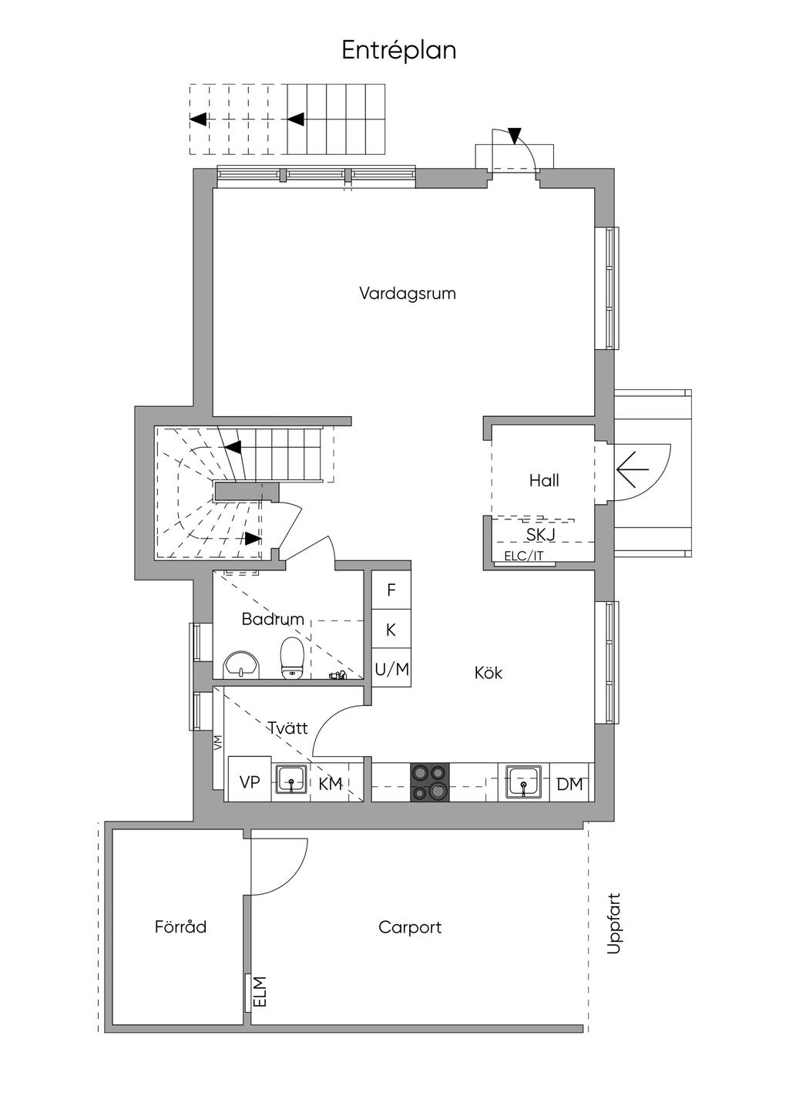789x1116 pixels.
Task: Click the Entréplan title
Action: pos(399,51)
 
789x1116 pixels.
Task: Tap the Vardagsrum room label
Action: pos(408,293)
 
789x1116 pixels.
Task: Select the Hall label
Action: pos(544,480)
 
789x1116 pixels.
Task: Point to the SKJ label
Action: pos(540,535)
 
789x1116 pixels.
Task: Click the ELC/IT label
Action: pos(523,556)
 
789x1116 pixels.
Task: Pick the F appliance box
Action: pos(391,590)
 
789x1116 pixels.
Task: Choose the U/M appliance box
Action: pos(391,669)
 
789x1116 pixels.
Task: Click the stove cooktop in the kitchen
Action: pos(429,782)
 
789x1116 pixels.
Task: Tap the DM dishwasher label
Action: pos(569,784)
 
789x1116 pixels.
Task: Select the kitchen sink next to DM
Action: pos(523,782)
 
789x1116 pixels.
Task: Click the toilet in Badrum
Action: pos(292,657)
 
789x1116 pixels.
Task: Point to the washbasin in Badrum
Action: pos(241,664)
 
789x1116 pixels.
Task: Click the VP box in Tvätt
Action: pos(250,782)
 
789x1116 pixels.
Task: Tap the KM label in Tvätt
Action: pos(331,784)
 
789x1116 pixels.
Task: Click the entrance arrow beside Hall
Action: pos(632,469)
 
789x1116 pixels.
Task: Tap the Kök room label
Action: pos(489,673)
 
